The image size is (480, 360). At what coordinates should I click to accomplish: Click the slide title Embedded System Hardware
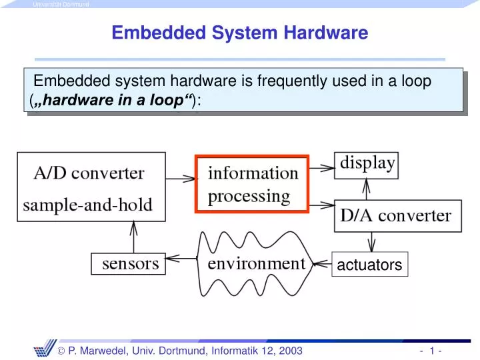coord(239,33)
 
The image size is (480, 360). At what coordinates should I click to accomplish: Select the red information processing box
coord(253,184)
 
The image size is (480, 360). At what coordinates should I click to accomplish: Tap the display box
coord(368,164)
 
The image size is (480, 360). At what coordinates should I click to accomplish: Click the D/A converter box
coord(396,215)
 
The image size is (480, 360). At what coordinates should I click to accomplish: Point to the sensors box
coord(130,264)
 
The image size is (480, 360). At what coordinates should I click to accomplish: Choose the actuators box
coord(369,265)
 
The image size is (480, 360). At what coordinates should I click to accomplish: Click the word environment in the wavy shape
coord(256,263)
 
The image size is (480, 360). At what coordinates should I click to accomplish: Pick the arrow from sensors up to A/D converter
coord(133,237)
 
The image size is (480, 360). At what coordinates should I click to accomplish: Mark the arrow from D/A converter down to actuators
coord(370,241)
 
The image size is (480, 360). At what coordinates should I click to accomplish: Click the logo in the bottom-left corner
coord(49,349)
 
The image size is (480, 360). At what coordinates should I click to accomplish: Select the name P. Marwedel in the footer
coord(107,351)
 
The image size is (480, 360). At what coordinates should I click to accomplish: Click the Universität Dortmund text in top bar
coord(60,5)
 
